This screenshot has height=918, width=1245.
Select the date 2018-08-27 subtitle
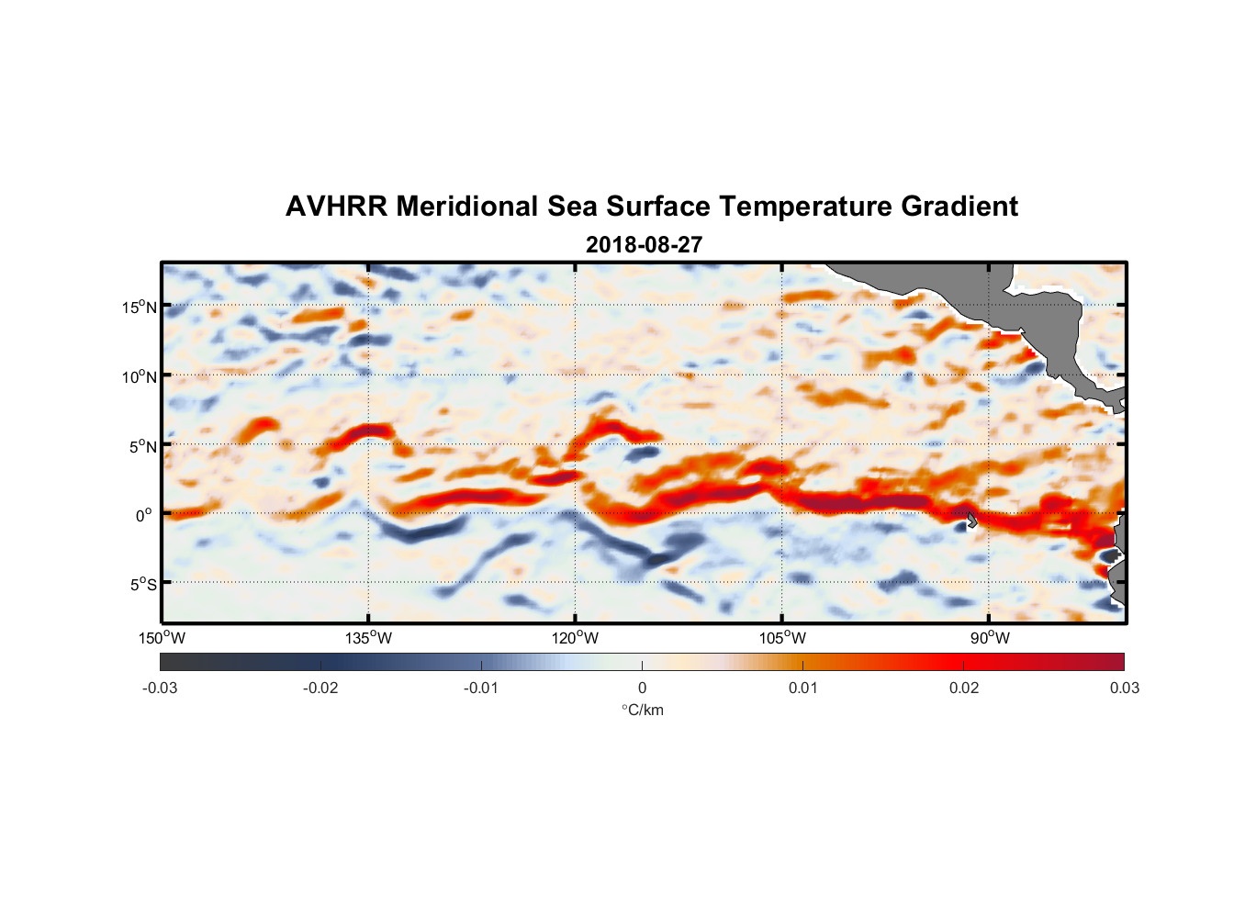click(x=644, y=245)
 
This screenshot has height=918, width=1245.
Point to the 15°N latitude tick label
click(x=140, y=307)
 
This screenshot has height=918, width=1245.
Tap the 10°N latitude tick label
click(x=140, y=376)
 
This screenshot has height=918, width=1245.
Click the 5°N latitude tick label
click(x=142, y=446)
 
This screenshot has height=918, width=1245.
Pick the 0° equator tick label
click(x=144, y=515)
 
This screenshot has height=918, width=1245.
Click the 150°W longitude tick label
click(x=163, y=638)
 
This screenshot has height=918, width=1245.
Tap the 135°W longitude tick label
click(x=369, y=638)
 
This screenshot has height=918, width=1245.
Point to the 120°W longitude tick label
click(x=576, y=638)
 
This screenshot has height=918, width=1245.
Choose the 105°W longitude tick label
click(x=782, y=638)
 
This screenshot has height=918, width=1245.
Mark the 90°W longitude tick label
click(x=990, y=638)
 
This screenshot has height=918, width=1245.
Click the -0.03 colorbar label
click(x=160, y=688)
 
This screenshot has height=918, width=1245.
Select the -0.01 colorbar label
click(x=481, y=688)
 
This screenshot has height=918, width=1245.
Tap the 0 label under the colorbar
click(x=642, y=688)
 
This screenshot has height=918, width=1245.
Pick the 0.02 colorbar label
click(x=964, y=688)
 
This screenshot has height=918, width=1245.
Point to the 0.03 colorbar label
click(x=1124, y=688)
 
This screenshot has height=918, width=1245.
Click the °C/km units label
click(x=642, y=710)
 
